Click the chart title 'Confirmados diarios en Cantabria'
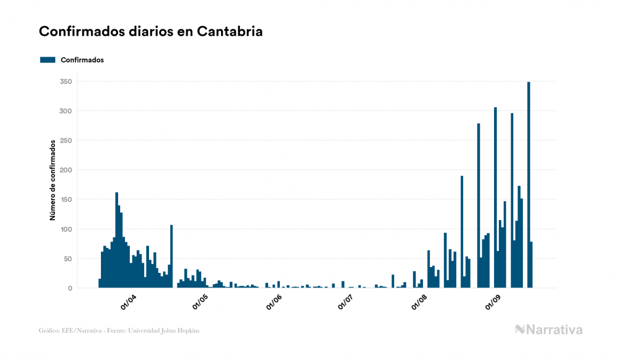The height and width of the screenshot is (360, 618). (151, 32)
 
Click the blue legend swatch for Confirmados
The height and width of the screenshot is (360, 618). (48, 60)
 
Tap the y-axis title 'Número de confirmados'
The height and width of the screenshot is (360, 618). (53, 180)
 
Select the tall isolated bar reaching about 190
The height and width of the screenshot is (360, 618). (462, 232)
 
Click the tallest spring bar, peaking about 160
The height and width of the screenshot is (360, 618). (116, 240)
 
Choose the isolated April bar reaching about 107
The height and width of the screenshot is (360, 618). (171, 256)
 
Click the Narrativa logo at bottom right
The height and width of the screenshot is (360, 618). (549, 330)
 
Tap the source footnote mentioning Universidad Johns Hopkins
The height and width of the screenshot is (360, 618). (119, 331)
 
